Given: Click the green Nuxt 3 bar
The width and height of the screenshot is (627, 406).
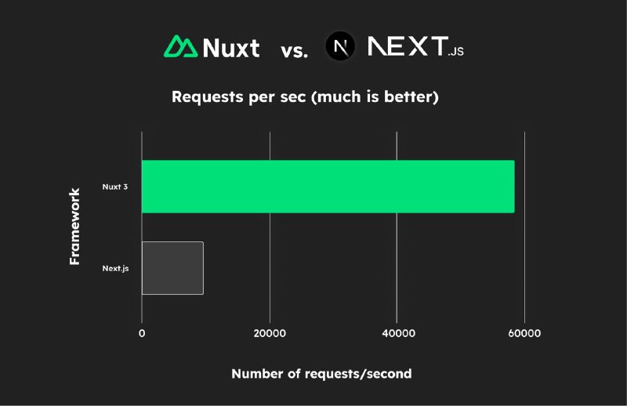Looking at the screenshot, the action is [328, 187].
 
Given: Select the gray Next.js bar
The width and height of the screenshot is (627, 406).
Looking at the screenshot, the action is [172, 268].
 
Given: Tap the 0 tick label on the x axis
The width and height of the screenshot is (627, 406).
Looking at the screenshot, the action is [142, 333].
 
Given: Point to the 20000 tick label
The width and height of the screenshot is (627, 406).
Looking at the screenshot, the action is [270, 333].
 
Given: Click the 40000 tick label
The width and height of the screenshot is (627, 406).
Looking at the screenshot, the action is [398, 333].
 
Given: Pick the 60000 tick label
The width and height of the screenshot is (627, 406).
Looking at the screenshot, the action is [524, 333].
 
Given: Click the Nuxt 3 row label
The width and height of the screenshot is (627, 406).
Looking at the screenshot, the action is [115, 187].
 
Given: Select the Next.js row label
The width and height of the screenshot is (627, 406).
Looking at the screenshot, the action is [115, 268].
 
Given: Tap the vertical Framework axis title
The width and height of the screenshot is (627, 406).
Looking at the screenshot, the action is [74, 227].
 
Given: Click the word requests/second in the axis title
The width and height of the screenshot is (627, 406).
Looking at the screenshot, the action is [358, 374].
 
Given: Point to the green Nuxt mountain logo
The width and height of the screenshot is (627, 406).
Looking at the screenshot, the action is [181, 46].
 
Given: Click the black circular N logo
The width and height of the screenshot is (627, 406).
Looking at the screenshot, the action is [340, 46].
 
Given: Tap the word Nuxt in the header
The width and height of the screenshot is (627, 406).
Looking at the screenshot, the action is [231, 48].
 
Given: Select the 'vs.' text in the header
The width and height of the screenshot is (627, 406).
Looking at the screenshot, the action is [295, 51].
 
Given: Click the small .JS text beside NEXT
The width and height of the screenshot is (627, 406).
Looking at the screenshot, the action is [456, 51].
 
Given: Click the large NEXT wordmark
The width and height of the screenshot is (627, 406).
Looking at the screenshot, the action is [408, 45].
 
